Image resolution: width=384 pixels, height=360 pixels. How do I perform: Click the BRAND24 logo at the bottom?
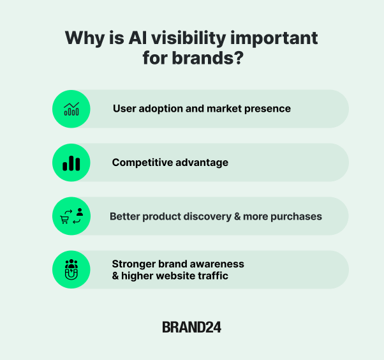tap(191, 327)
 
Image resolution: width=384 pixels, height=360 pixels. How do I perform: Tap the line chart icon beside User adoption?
tap(71, 109)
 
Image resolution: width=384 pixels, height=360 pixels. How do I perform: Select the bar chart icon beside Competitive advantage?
tap(71, 163)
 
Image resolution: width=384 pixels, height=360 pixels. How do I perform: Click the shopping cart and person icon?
tap(71, 216)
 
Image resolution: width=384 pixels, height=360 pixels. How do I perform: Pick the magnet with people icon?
tap(71, 269)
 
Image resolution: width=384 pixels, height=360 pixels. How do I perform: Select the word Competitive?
tap(138, 163)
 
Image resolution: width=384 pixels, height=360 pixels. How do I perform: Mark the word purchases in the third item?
tap(296, 216)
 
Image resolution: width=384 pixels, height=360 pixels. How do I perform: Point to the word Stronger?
tap(133, 264)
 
